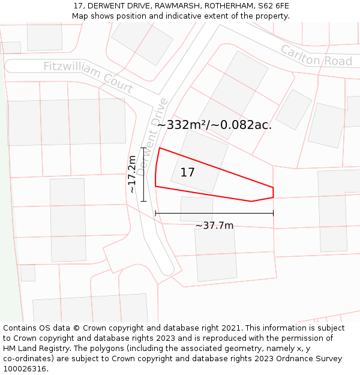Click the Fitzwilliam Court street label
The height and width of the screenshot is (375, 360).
pos(88,76)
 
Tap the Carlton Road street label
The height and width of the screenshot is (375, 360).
pos(316,55)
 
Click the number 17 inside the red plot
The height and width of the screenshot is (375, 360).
pos(187,173)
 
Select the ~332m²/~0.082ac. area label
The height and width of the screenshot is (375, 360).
pos(214,125)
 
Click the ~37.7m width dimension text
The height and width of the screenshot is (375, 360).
pos(214,226)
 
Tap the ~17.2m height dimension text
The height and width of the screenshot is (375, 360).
pos(132,174)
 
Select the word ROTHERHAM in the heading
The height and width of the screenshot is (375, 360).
pos(224,5)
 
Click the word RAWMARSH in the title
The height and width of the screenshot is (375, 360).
pos(172,5)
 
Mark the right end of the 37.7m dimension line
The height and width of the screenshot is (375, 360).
pos(273,213)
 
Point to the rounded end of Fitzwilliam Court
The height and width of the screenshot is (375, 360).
pos(8,65)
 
